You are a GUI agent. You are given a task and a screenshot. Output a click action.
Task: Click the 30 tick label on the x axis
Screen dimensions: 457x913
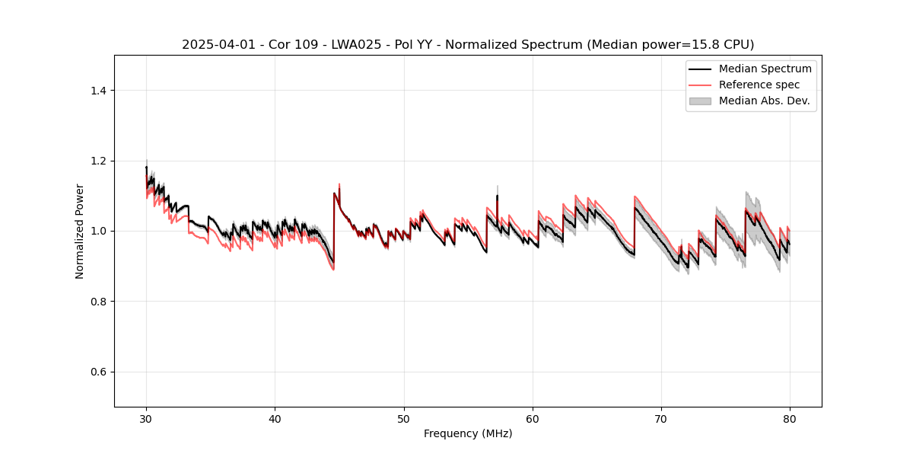coord(146,418)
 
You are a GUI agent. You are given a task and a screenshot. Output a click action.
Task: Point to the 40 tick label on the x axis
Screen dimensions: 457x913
coord(275,418)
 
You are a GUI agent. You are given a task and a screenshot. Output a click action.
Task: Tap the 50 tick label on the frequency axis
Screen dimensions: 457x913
coord(404,418)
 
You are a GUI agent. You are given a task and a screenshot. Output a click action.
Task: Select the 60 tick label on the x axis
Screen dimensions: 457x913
coord(533,418)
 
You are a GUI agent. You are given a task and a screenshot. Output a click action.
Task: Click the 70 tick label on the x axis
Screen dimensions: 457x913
coord(661,418)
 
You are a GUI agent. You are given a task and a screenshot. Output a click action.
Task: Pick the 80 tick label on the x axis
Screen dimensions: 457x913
coord(790,418)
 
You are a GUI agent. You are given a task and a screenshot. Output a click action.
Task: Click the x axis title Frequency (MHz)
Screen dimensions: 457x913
coord(468,434)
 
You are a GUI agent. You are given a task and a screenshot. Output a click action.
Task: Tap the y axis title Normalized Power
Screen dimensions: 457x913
coord(80,231)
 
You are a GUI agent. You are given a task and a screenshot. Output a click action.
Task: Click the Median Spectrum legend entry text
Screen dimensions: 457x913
coord(765,69)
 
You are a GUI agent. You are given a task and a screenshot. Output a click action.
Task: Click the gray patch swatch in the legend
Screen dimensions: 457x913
coord(700,101)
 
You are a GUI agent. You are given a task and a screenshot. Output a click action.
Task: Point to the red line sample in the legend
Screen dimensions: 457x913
coord(700,85)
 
